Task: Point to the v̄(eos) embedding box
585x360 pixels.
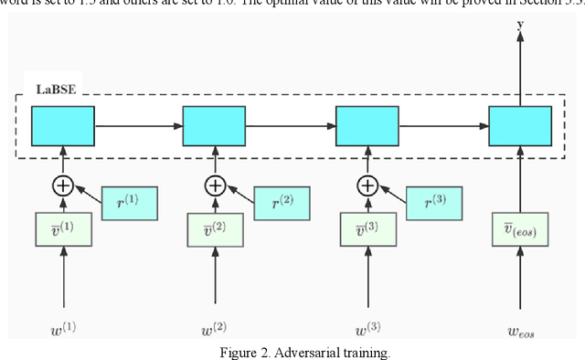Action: coord(520,228)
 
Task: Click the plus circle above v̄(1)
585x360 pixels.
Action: coord(63,186)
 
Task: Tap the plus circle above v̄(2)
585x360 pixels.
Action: coord(215,186)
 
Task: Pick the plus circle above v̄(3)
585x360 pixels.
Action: coord(367,186)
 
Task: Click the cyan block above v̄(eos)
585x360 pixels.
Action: coord(520,125)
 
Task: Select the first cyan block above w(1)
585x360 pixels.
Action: coord(63,125)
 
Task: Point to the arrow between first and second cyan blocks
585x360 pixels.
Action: coord(139,125)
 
